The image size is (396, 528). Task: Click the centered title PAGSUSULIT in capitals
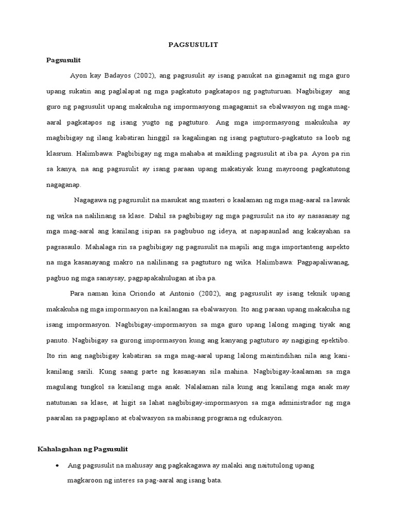[193, 45]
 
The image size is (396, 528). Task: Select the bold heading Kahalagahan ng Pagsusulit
[82, 450]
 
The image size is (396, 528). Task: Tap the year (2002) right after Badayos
[145, 76]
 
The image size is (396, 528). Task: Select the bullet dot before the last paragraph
[56, 466]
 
